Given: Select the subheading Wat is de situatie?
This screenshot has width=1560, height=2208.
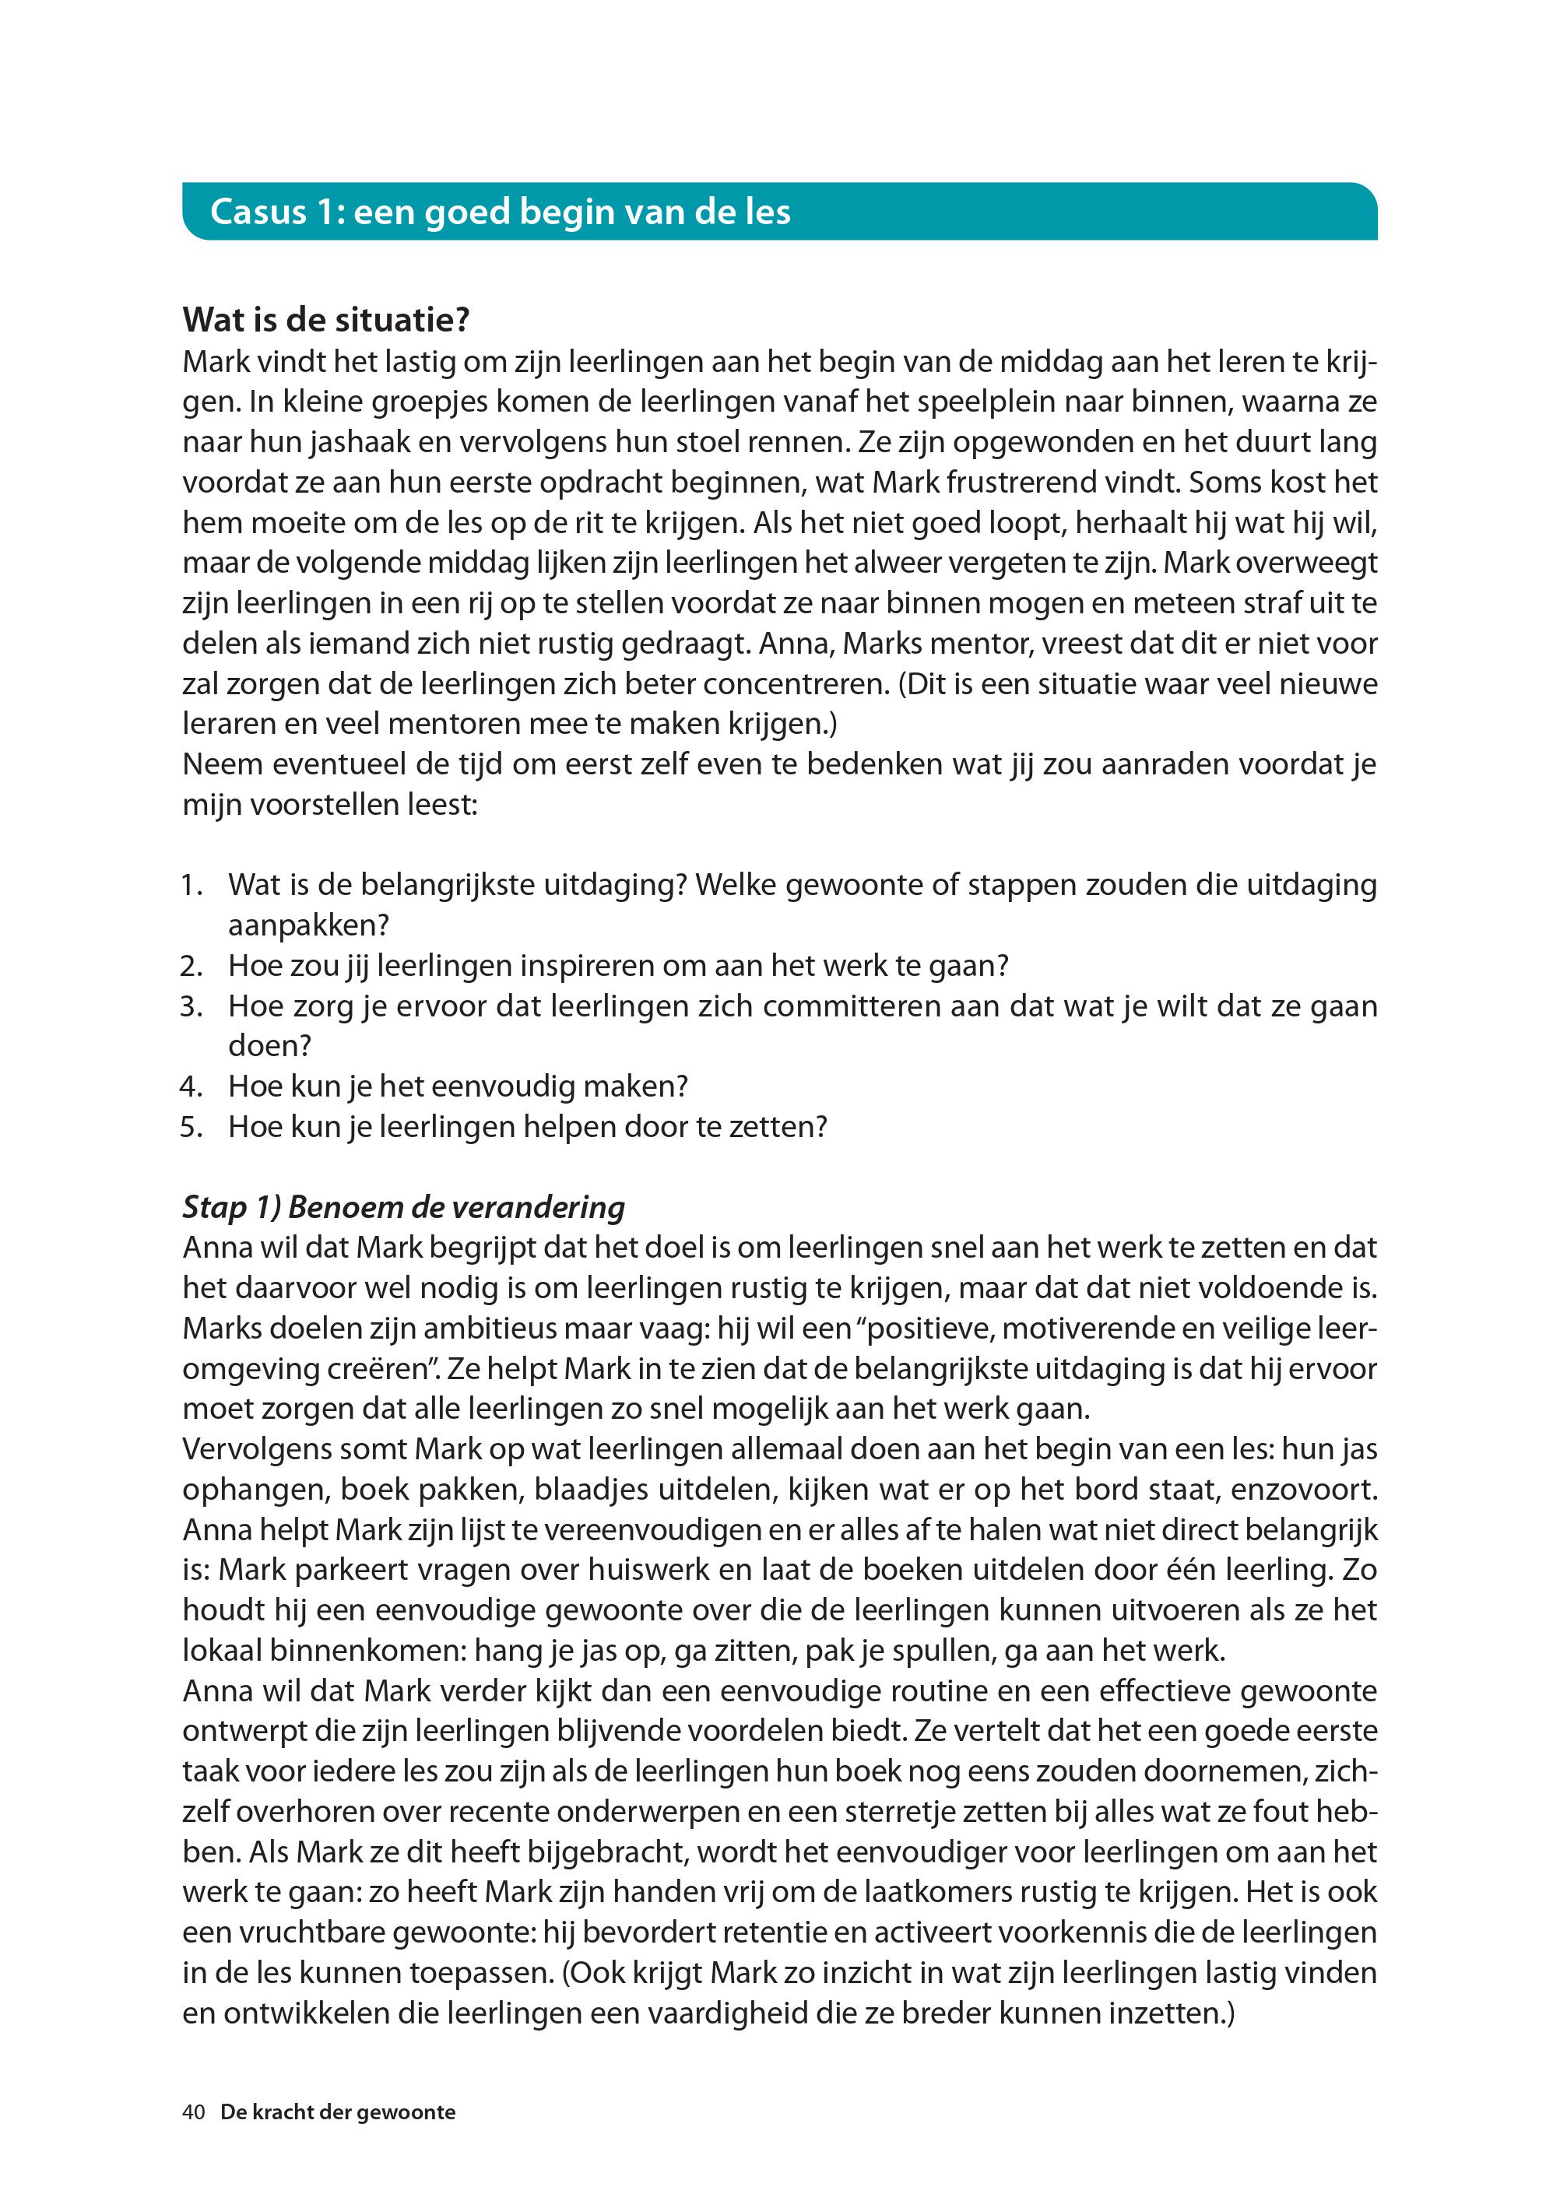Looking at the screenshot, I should (326, 319).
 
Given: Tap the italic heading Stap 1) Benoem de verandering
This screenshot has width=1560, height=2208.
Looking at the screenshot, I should (404, 1207).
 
